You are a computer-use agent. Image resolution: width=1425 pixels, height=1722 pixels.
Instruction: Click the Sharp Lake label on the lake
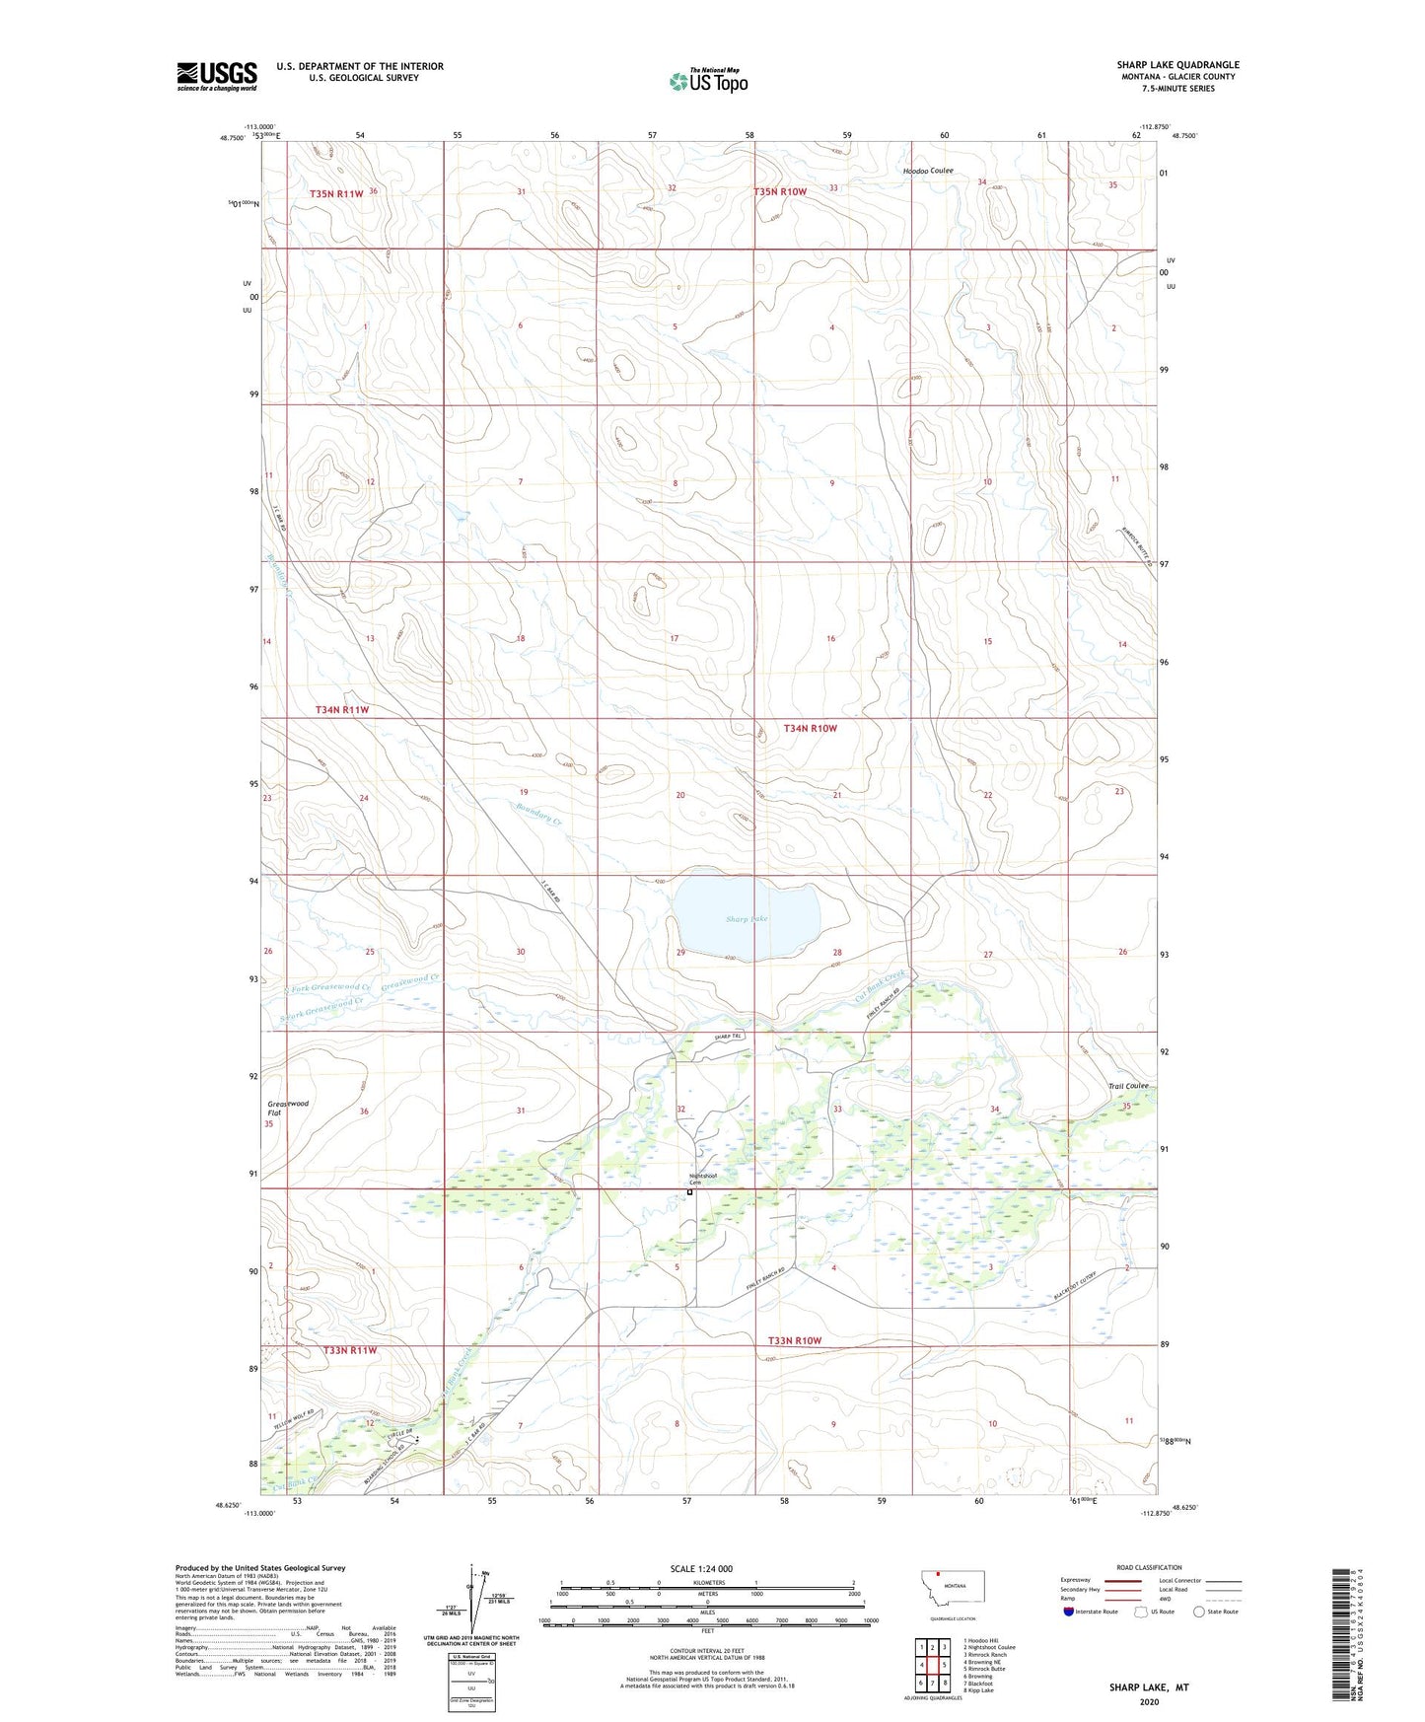[x=747, y=919]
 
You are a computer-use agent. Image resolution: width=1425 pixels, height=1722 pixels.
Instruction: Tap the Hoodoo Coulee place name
[x=928, y=171]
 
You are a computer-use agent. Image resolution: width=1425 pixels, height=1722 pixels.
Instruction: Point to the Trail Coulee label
[x=1127, y=1086]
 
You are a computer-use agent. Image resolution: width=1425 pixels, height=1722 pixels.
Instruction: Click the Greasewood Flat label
[x=287, y=1108]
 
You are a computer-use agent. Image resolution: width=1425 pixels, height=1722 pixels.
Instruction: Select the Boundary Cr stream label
[x=538, y=813]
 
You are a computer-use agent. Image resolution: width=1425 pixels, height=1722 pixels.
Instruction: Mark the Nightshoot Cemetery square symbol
[x=690, y=1192]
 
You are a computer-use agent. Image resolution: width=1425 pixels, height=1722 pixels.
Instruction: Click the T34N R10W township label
[x=810, y=728]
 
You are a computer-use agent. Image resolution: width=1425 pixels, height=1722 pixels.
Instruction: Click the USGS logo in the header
[x=217, y=76]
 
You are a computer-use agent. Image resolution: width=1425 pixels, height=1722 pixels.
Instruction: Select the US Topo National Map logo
[x=708, y=80]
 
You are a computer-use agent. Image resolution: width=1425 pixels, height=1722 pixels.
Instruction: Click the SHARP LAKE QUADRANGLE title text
[x=1177, y=65]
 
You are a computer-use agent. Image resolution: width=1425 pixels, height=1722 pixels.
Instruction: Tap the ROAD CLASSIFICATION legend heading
[x=1149, y=1567]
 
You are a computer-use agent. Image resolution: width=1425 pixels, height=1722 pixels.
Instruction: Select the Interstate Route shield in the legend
[x=1069, y=1613]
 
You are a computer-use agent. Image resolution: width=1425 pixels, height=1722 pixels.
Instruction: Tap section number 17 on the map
[x=675, y=639]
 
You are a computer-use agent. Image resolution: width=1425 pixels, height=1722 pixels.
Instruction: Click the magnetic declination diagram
[x=471, y=1602]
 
